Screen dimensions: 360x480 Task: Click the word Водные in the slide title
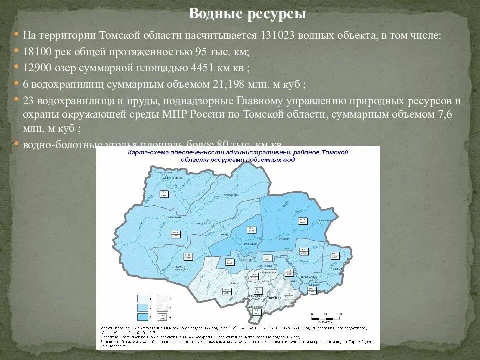pos(215,14)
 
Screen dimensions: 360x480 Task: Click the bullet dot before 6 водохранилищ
pos(16,83)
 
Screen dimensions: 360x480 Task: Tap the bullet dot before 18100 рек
pos(16,51)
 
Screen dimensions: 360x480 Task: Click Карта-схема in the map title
pos(148,152)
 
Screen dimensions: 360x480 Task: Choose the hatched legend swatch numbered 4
pos(162,298)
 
